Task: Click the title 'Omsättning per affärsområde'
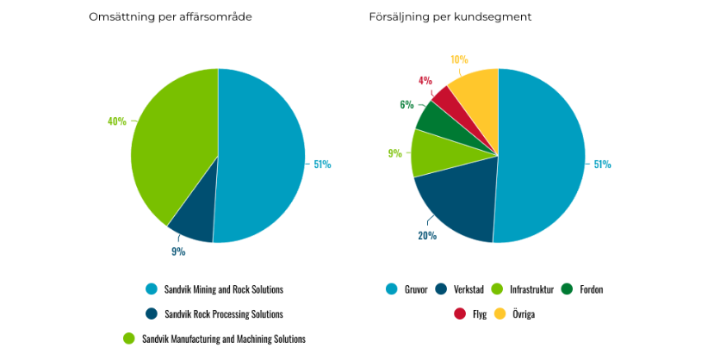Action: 170,17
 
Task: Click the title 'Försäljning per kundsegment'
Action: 438,17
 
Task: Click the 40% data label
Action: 116,121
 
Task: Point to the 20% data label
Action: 427,235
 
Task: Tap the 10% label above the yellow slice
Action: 459,59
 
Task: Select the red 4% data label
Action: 425,80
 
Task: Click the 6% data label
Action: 407,105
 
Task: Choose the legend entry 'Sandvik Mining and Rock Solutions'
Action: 224,289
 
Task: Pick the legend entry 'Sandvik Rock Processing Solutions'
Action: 223,314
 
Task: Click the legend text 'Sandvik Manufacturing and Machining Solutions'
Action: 223,339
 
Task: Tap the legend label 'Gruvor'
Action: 417,289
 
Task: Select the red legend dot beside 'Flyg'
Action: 460,314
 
